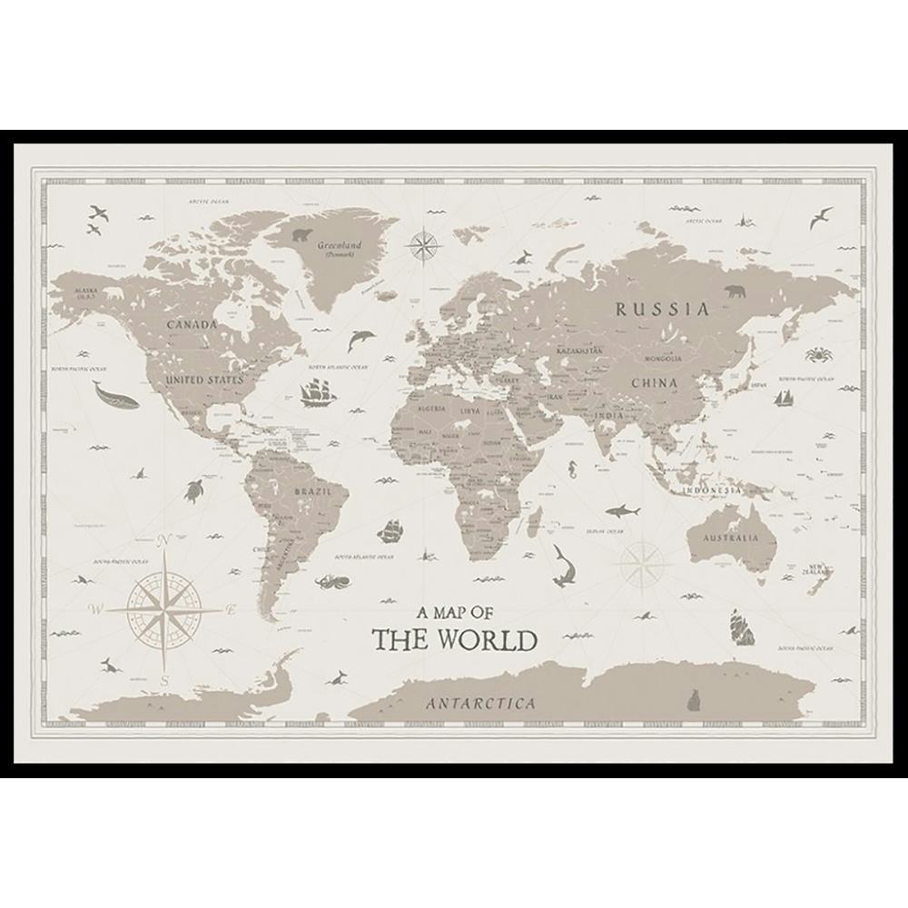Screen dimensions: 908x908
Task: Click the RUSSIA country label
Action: (x=662, y=309)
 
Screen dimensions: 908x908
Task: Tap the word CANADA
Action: (x=192, y=324)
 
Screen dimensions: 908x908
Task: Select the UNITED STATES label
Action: (x=205, y=380)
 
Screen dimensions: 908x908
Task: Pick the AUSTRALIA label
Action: (x=728, y=538)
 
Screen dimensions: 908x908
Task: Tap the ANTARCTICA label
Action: (x=480, y=704)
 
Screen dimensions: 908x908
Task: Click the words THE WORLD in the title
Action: (x=455, y=640)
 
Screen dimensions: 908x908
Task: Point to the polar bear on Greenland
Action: (x=302, y=236)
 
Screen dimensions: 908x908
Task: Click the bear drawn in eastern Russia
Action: (x=735, y=291)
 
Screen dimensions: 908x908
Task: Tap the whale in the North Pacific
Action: (x=114, y=396)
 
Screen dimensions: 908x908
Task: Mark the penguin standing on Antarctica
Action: (x=695, y=699)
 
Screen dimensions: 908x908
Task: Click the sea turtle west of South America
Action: (x=195, y=490)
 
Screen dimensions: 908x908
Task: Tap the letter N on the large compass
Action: (x=164, y=543)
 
